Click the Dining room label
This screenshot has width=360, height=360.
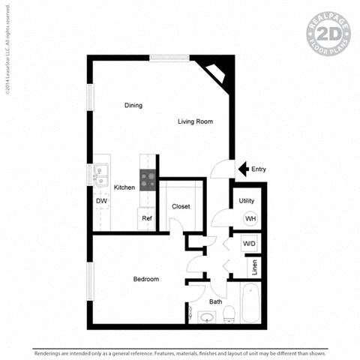point(133,105)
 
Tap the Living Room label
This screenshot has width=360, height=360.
point(196,121)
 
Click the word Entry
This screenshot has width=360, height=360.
point(259,169)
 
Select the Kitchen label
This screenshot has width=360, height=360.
point(124,187)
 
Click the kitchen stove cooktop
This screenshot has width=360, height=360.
point(148,180)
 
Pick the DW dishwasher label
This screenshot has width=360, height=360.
point(100,201)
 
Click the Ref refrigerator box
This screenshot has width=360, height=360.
point(147,218)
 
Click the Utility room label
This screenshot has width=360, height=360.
point(246,201)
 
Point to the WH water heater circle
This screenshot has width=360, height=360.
point(250,218)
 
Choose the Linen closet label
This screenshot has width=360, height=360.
point(254,266)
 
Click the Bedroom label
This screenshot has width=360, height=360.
point(145,280)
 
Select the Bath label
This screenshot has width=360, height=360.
point(215,302)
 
